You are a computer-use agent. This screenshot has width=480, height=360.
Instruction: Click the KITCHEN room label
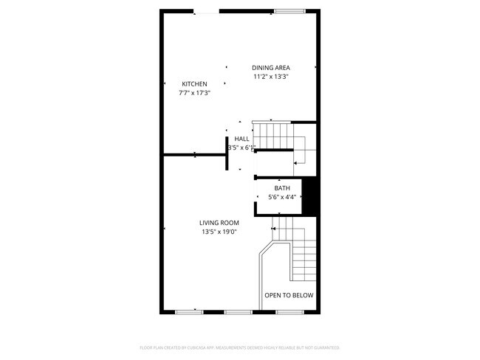tap(195, 84)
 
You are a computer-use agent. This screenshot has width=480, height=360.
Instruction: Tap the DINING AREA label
tap(271, 68)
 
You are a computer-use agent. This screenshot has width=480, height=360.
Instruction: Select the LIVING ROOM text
tap(219, 223)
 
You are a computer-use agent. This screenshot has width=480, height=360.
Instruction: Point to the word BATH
tap(281, 188)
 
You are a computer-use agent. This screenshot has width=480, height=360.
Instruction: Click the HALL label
tap(241, 139)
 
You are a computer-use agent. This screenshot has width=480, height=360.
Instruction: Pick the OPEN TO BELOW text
tap(289, 295)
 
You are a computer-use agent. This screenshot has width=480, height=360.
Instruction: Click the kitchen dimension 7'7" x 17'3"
tap(195, 94)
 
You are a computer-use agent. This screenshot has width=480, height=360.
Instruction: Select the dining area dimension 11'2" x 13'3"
tap(271, 77)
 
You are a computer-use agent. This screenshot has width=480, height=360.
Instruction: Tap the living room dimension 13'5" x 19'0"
tap(219, 232)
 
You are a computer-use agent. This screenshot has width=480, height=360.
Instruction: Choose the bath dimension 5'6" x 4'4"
tap(281, 197)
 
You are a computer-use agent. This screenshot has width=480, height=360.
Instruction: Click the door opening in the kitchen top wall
tap(206, 10)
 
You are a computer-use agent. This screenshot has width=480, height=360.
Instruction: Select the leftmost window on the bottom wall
tap(189, 312)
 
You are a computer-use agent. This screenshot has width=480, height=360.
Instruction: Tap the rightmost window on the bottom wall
tap(288, 312)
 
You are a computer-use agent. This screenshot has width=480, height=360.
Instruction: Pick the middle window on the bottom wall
tap(239, 312)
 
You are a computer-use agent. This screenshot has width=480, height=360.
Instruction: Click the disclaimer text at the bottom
tap(240, 347)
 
